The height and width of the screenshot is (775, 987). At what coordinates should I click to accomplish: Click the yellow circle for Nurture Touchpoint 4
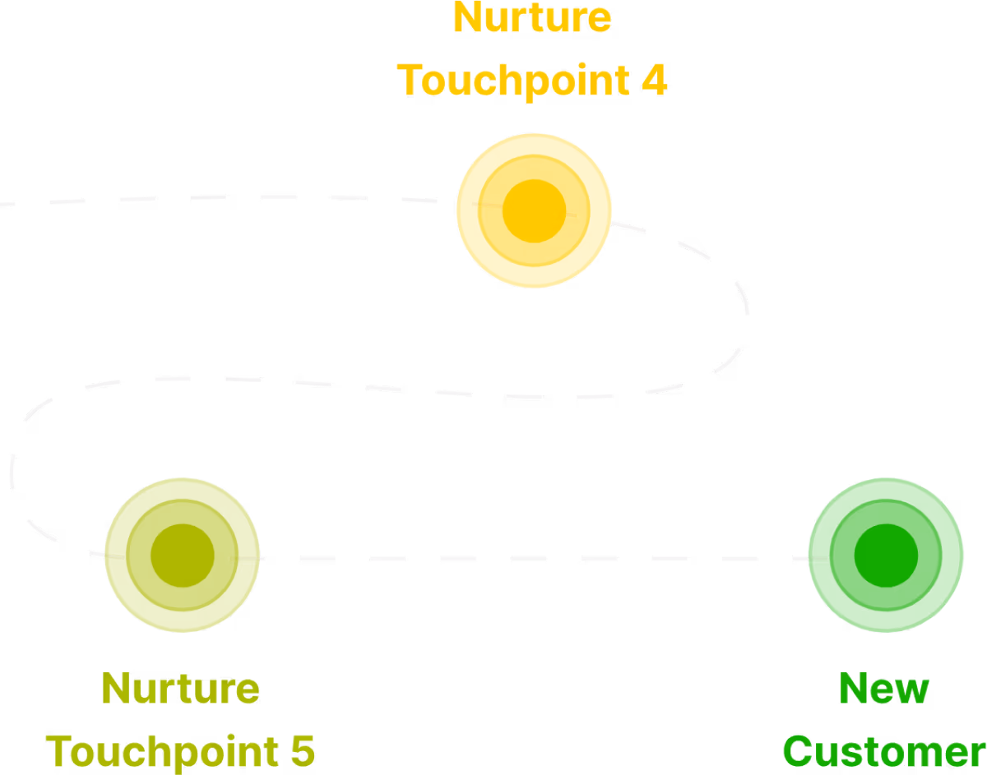tap(534, 210)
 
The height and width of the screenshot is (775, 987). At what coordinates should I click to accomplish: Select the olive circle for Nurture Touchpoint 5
tap(182, 555)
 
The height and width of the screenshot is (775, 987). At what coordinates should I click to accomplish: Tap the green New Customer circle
tap(885, 555)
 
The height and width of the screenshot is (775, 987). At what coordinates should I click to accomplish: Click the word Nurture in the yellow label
tap(532, 18)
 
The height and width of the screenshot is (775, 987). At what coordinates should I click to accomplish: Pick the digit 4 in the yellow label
tap(654, 81)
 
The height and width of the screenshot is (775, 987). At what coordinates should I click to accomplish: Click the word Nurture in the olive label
tap(181, 689)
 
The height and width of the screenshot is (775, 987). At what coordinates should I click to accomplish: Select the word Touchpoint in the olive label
tap(157, 751)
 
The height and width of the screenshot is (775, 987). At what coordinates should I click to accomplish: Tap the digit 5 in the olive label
tap(303, 751)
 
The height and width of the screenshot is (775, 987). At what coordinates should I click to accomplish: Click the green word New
tap(884, 689)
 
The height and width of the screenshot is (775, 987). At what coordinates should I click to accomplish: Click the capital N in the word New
tap(852, 689)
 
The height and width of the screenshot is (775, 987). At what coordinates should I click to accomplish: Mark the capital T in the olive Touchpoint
tap(59, 751)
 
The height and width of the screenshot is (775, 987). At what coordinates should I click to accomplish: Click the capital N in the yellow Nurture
tap(466, 18)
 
